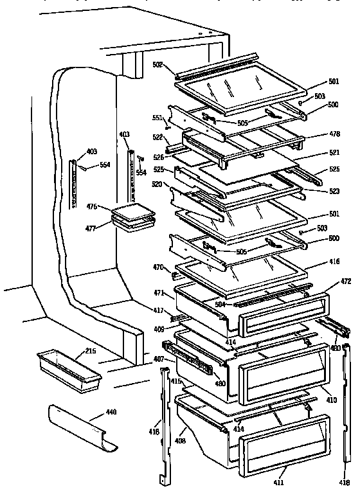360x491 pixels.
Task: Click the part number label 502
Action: pos(158,64)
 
